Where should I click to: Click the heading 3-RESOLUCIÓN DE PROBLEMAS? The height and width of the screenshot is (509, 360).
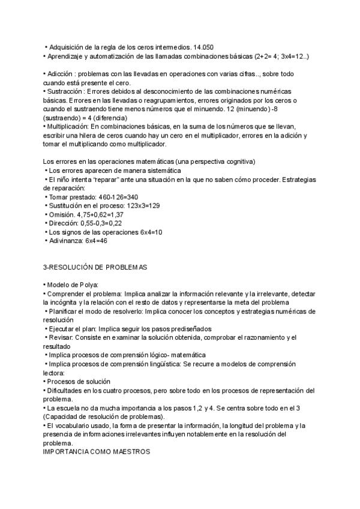(95, 267)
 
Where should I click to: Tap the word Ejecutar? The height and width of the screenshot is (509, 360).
(62, 329)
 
